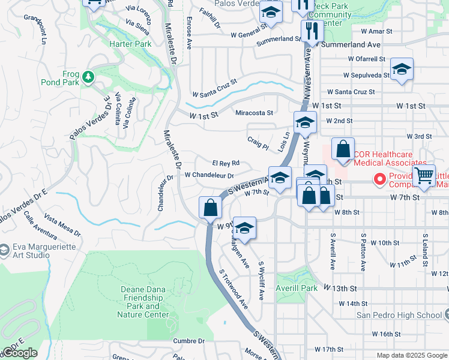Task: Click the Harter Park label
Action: pyautogui.click(x=130, y=44)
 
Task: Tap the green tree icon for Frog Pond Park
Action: pyautogui.click(x=88, y=76)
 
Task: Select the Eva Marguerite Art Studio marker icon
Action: pyautogui.click(x=5, y=249)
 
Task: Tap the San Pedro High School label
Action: pyautogui.click(x=399, y=315)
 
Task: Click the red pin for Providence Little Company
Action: pyautogui.click(x=379, y=179)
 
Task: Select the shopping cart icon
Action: pyautogui.click(x=424, y=176)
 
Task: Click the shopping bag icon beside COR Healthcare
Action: pyautogui.click(x=342, y=149)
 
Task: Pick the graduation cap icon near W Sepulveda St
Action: pyautogui.click(x=401, y=69)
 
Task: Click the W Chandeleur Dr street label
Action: pyautogui.click(x=208, y=175)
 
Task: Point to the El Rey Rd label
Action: pyautogui.click(x=226, y=163)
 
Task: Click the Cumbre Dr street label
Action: pyautogui.click(x=188, y=341)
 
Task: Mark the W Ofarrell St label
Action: pyautogui.click(x=367, y=59)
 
